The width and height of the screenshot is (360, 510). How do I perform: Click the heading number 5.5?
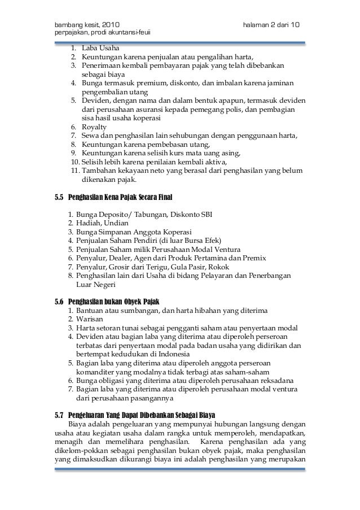coord(59,198)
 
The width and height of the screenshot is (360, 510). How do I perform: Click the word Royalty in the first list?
coord(94,127)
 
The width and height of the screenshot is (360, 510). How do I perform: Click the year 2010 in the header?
coord(108,25)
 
